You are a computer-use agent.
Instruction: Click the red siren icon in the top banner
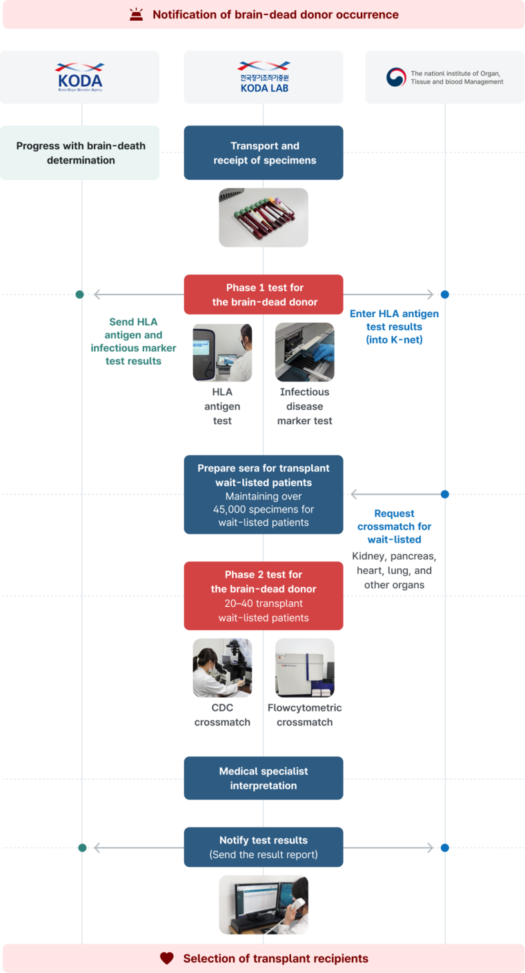137,14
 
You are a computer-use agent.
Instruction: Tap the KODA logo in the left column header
79,77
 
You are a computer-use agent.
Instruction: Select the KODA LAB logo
264,77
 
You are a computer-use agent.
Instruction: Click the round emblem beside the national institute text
396,77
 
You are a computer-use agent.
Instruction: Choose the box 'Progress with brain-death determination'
81,152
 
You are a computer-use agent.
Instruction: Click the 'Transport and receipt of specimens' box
264,152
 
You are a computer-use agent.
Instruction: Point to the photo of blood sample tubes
264,217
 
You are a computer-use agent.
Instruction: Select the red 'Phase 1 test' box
264,294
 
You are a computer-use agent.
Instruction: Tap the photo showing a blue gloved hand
304,352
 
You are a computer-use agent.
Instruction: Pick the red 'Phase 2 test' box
264,596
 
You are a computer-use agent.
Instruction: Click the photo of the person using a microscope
222,668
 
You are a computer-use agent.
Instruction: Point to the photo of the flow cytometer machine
304,668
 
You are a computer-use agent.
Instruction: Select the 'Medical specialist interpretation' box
264,778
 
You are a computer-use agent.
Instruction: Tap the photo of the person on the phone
264,905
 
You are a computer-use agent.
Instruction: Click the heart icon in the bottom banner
166,959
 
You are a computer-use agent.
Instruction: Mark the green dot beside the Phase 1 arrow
80,294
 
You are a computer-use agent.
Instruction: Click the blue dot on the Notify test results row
445,847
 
